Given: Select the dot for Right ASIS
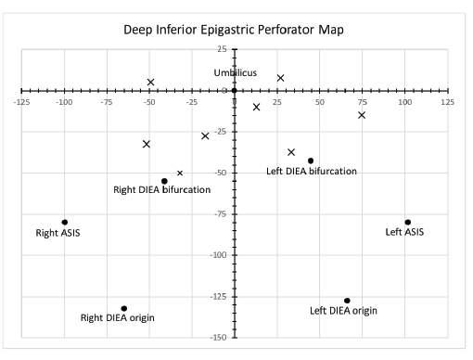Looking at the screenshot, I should (x=65, y=222).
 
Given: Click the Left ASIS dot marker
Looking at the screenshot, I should (x=407, y=222).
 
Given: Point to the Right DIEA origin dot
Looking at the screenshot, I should (x=124, y=308).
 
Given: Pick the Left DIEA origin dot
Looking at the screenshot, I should (x=347, y=301).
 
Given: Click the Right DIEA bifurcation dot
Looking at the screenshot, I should (x=164, y=181).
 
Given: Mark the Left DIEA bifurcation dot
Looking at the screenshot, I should (x=311, y=161).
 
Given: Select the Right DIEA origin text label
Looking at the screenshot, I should (x=118, y=318).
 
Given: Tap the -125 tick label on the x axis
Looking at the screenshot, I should (x=20, y=101).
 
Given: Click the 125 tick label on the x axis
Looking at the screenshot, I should (x=447, y=101).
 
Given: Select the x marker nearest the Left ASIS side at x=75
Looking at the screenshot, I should (x=362, y=115).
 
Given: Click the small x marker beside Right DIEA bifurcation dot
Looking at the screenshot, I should (x=180, y=173).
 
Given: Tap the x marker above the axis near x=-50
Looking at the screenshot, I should (x=150, y=82).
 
